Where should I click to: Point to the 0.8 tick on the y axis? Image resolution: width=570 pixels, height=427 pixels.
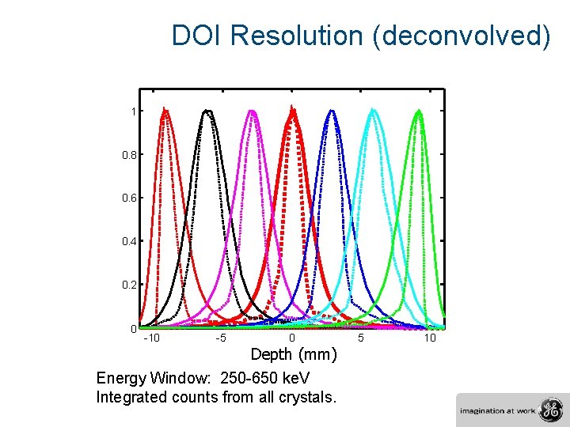[x=129, y=155]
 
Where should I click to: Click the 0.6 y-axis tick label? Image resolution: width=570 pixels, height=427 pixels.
[x=129, y=198]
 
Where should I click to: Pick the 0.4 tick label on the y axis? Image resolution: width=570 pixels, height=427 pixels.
[x=129, y=241]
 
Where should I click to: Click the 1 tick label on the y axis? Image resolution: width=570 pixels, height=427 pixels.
[x=134, y=111]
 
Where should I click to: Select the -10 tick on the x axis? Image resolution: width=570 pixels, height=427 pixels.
[x=151, y=338]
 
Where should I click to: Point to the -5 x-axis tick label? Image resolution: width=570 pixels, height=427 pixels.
[x=222, y=338]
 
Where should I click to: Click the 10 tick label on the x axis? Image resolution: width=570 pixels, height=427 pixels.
[x=430, y=338]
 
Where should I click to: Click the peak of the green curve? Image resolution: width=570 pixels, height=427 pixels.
[x=419, y=111]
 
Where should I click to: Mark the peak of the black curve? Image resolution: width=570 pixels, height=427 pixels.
[x=207, y=111]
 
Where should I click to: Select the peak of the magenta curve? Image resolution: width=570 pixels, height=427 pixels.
[x=253, y=111]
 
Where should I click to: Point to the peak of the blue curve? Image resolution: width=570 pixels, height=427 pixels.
[x=333, y=111]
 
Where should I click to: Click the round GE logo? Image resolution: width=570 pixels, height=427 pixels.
[x=549, y=410]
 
